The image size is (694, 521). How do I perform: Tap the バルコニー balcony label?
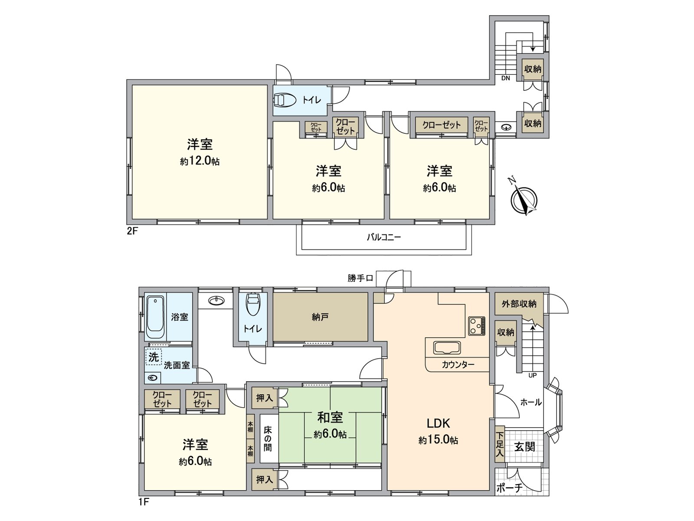coord(384,237)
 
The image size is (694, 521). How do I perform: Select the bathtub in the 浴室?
coord(155,317)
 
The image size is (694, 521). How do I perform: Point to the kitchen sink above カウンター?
coord(448,348)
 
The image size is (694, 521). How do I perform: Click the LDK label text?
coord(438,423)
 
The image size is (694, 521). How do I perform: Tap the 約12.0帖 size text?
coord(200,162)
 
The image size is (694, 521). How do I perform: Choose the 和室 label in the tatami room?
coord(330,417)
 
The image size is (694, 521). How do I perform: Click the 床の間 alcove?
coord(268,439)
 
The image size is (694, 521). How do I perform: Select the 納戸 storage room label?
coord(320,317)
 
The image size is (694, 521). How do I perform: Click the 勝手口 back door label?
coord(360,278)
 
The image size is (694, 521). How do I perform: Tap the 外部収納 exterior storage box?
coord(519,304)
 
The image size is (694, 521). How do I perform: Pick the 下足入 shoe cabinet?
coord(500,444)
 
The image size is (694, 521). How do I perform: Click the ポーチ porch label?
coord(509,488)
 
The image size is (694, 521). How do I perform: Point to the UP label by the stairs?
coord(532,375)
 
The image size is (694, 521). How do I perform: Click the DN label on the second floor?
coord(505,78)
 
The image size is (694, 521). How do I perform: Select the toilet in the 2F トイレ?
coord(284,100)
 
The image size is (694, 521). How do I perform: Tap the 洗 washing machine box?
coord(154,357)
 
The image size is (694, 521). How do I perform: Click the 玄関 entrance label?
coord(524,446)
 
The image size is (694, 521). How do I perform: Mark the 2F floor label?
coord(132,231)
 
